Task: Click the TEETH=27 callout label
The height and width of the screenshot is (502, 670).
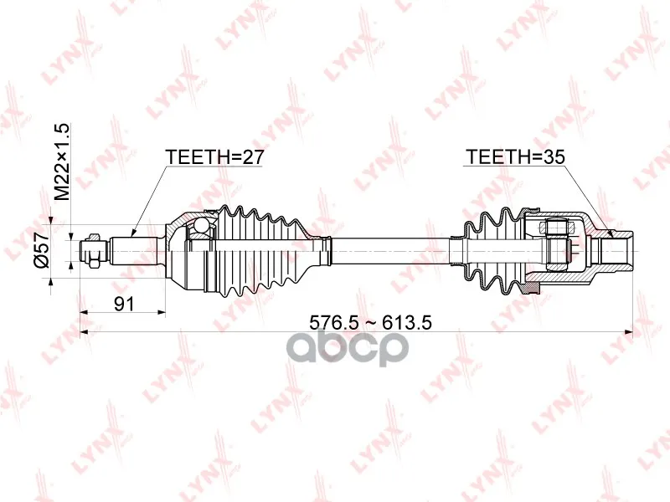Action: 214,157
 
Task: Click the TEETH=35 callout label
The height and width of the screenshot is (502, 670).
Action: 515,157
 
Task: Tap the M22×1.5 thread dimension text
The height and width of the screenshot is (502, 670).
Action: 62,161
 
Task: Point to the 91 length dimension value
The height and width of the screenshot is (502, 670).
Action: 124,304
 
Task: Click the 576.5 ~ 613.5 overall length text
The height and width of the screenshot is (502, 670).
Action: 370,322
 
